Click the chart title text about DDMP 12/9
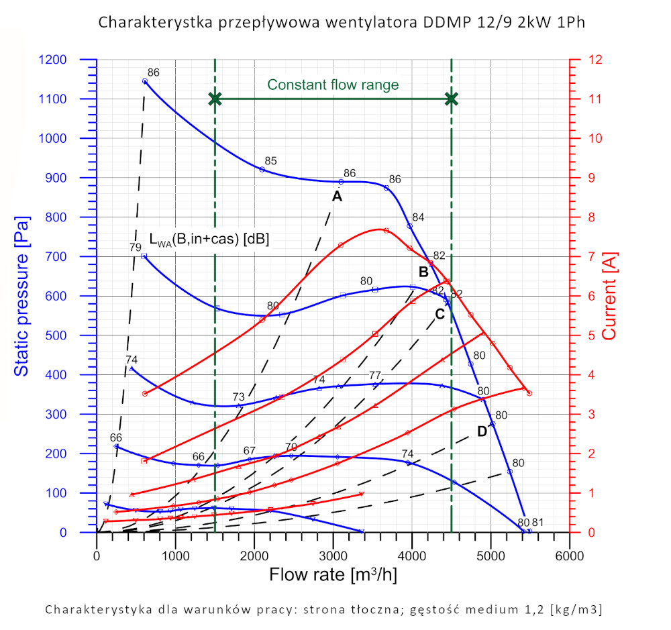click(x=342, y=22)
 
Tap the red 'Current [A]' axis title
click(x=609, y=296)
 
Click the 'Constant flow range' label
click(x=333, y=85)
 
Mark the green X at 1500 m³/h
click(x=215, y=99)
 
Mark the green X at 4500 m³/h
click(x=452, y=99)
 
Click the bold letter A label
click(x=337, y=196)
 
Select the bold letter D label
click(x=482, y=431)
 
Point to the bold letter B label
click(x=423, y=272)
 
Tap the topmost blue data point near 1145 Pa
click(x=144, y=81)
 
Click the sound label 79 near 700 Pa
click(x=135, y=248)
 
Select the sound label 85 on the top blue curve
click(x=270, y=161)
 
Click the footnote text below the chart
click(x=323, y=610)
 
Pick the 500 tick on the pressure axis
click(x=74, y=335)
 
